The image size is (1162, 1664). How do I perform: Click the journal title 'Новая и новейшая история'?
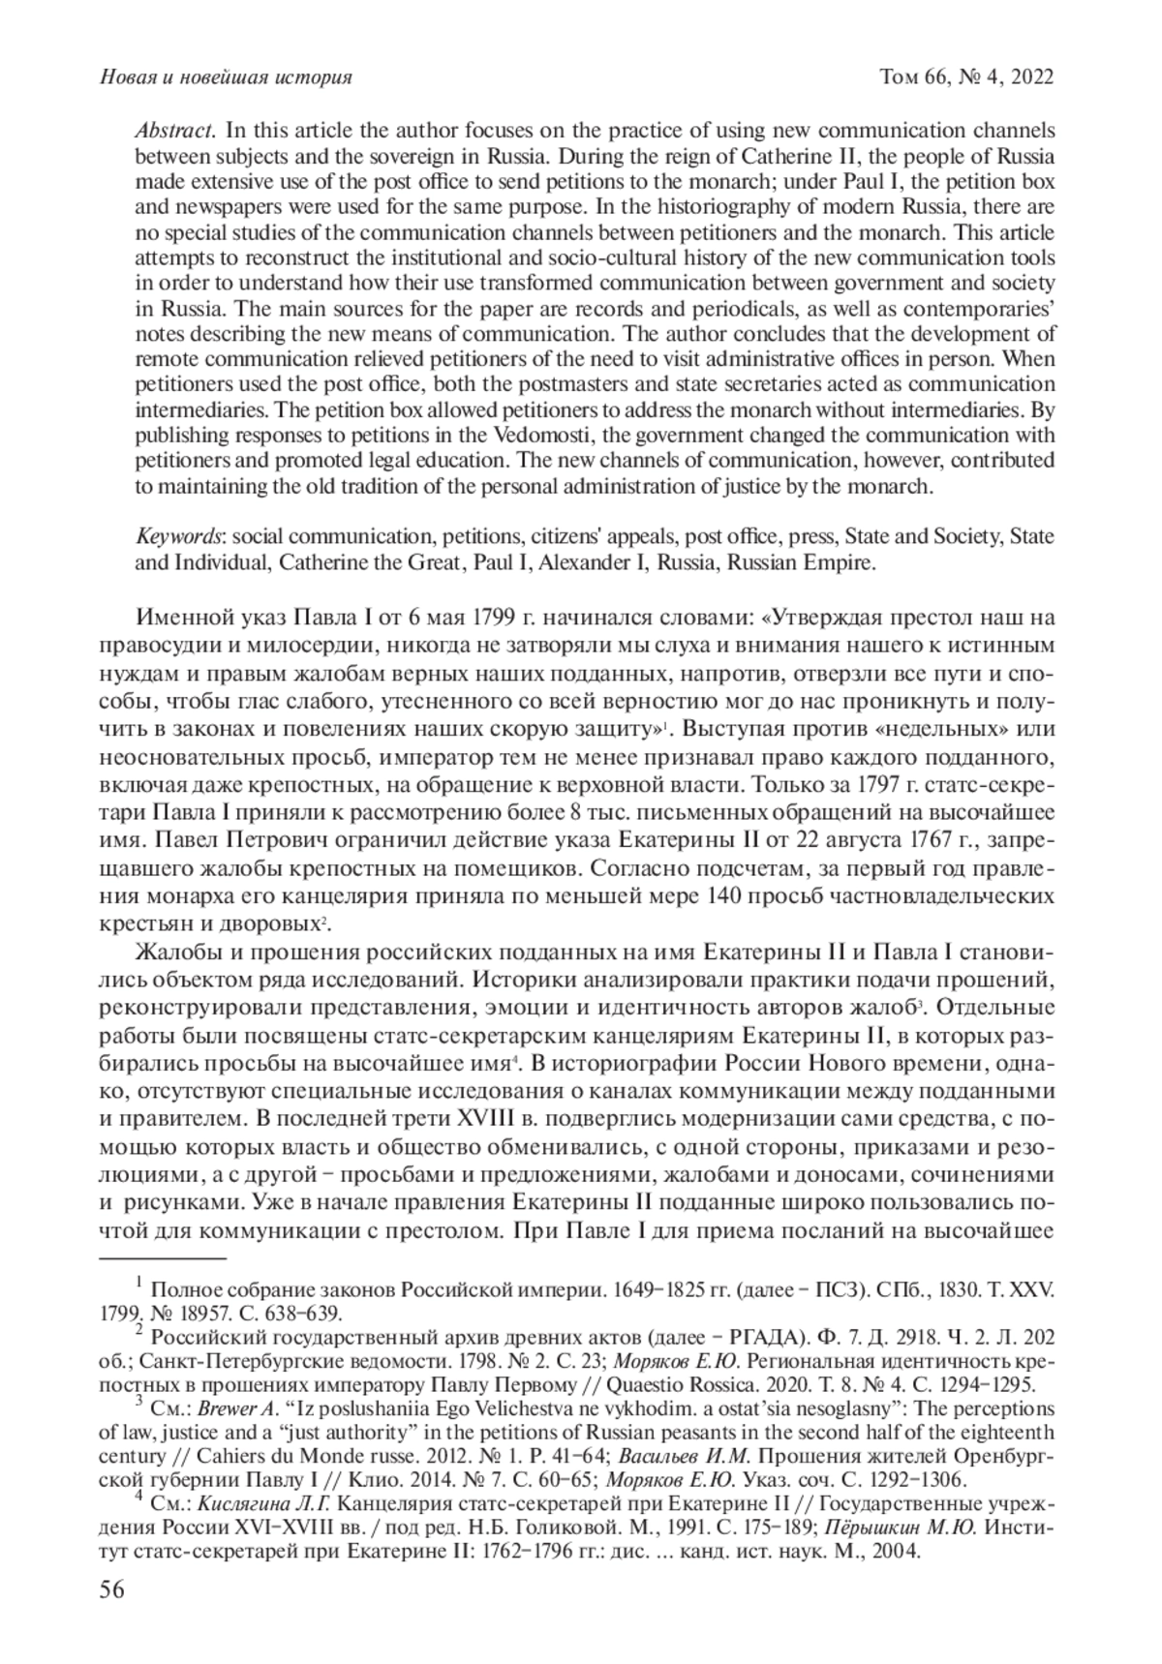(226, 76)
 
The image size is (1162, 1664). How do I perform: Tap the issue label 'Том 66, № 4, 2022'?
(966, 76)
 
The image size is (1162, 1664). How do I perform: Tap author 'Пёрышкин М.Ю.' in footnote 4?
(893, 1506)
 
